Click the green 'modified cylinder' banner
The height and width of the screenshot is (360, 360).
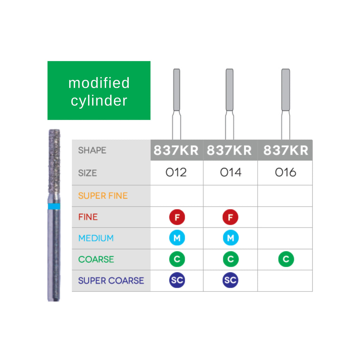click(99, 91)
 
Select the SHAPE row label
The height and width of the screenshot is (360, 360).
click(92, 150)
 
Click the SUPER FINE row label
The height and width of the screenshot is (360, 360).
click(103, 196)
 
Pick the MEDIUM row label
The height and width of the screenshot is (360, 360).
click(96, 238)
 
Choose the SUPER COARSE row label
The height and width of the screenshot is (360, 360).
click(111, 281)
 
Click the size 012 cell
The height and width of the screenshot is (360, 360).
click(176, 173)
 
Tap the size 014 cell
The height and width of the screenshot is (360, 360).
click(231, 173)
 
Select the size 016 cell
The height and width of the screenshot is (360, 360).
click(285, 173)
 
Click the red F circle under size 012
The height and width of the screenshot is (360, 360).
click(177, 217)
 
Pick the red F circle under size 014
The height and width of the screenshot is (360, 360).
click(230, 217)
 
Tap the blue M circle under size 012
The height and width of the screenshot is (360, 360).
click(177, 238)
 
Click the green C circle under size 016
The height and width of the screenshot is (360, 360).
click(286, 259)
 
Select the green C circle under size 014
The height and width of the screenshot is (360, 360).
click(230, 259)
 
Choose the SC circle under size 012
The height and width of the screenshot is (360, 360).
click(177, 281)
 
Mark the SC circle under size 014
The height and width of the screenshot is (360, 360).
click(230, 281)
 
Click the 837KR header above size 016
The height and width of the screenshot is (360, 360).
click(285, 150)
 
